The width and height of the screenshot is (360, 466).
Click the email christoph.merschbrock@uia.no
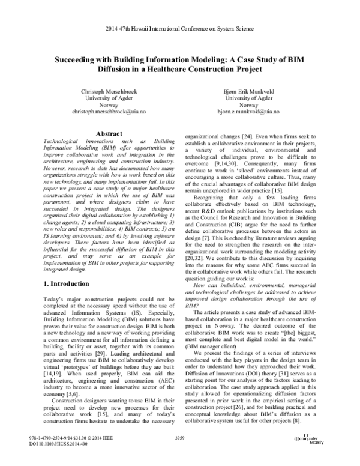(x=100, y=112)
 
